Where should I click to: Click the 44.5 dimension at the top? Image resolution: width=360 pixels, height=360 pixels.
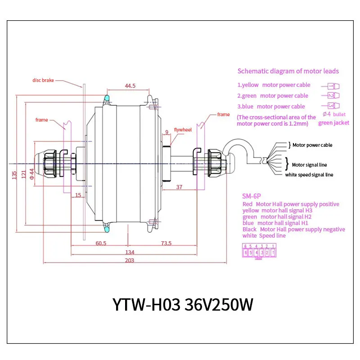pos(130,86)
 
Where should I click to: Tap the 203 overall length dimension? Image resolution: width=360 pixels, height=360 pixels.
pos(130,261)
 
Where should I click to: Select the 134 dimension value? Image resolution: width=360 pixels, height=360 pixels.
pos(130,252)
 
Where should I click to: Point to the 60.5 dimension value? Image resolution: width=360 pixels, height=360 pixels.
pos(101,243)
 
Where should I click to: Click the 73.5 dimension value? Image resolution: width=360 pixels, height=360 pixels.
pos(166,243)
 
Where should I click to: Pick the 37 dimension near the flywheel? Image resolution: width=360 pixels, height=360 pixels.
pos(179,187)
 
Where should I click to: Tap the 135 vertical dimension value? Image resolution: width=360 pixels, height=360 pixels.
pos(14,175)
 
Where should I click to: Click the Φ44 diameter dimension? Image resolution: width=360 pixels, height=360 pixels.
pos(31,174)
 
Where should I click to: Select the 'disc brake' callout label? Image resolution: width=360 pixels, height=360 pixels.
pos(43,81)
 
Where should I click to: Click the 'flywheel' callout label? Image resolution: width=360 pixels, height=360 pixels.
pos(183,130)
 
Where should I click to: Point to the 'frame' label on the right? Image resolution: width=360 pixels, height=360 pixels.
pos(223,114)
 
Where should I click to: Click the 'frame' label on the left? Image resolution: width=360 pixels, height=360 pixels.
pos(41,120)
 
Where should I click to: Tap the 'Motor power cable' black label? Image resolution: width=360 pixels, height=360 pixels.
pos(312,145)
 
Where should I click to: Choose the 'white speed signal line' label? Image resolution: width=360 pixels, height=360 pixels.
pos(309,175)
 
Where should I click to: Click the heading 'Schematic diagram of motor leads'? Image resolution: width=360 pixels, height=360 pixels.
pos(288,71)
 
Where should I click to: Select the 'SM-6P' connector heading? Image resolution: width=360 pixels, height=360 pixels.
pos(252,196)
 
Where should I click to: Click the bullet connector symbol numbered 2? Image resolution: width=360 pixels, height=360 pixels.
pos(333,95)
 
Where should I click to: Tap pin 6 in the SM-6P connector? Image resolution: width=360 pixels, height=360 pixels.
pos(245,253)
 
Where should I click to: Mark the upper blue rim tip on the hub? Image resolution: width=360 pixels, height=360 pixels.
pos(107,98)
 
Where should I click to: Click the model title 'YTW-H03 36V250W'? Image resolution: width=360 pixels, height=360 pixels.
pos(183,305)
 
